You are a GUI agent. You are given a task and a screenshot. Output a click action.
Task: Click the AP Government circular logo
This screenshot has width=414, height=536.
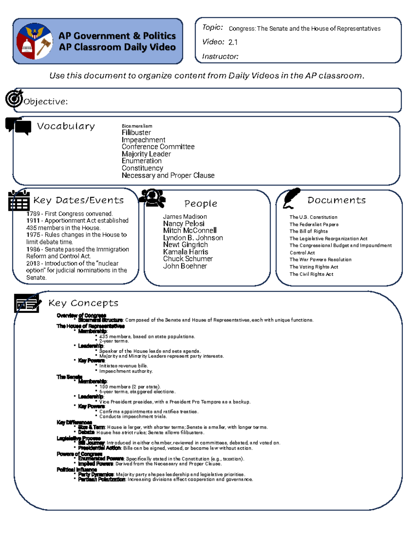tap(34, 41)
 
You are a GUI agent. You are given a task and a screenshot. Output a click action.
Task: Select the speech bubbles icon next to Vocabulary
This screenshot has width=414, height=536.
tap(18, 126)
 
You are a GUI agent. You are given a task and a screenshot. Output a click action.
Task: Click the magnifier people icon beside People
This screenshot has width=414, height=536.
tap(152, 198)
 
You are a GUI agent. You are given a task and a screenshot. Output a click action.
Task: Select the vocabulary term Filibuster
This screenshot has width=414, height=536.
tap(136, 133)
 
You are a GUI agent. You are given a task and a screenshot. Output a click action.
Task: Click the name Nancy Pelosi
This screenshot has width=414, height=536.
tap(184, 224)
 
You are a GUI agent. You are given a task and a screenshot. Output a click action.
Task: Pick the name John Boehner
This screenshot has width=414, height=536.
tap(185, 266)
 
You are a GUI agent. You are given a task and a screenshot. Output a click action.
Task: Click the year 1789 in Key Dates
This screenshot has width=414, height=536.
tap(33, 214)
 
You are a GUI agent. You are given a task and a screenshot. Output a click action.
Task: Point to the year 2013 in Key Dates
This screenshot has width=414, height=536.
tap(33, 263)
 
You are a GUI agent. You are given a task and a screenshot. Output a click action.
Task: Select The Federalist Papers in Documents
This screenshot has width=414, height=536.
tap(314, 224)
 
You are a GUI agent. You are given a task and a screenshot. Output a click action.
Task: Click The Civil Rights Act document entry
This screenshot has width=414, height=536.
tap(311, 274)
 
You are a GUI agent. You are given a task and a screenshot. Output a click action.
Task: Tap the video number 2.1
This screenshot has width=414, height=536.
tap(233, 42)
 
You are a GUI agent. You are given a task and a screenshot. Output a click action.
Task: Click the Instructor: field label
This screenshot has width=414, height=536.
tap(220, 57)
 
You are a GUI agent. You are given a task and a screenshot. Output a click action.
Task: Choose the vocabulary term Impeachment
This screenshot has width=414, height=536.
tap(144, 140)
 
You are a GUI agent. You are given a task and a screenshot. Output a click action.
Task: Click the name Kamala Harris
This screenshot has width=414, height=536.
tap(186, 252)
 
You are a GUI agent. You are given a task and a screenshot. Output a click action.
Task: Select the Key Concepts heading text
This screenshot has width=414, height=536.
tap(83, 303)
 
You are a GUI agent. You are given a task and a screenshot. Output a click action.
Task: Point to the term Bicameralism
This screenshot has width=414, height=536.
tap(137, 126)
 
